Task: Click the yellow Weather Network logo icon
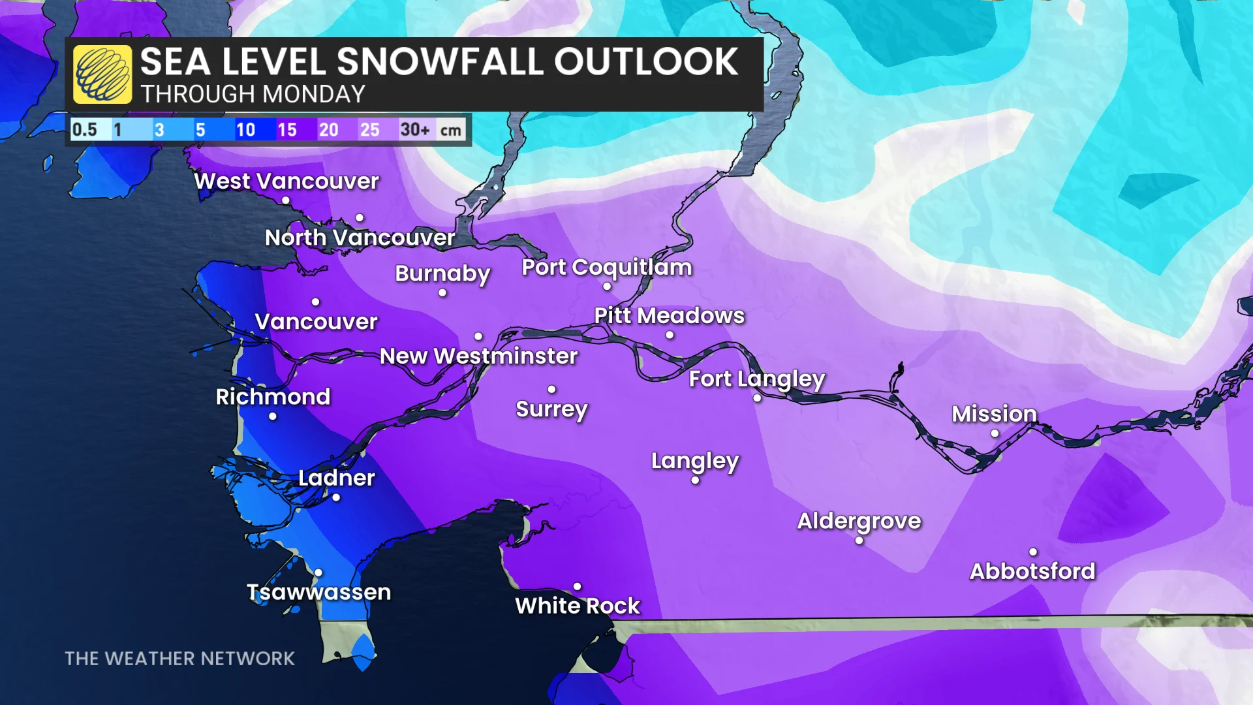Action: pyautogui.click(x=102, y=74)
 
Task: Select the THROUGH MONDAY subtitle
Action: pyautogui.click(x=253, y=95)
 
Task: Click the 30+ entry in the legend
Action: pyautogui.click(x=415, y=130)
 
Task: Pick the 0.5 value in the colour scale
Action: pyautogui.click(x=84, y=130)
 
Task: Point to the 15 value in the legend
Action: pyautogui.click(x=287, y=130)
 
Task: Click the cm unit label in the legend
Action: pyautogui.click(x=450, y=131)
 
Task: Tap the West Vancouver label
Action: pyautogui.click(x=286, y=181)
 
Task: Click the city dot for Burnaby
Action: pyautogui.click(x=442, y=293)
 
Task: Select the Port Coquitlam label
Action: pyautogui.click(x=606, y=268)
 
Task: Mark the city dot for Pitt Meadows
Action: pyautogui.click(x=670, y=336)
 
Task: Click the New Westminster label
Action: pyautogui.click(x=478, y=356)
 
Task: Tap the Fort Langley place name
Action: pyautogui.click(x=757, y=379)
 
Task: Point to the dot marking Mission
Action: pyautogui.click(x=995, y=433)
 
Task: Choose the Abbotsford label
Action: pyautogui.click(x=1032, y=571)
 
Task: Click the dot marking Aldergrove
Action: pyautogui.click(x=859, y=540)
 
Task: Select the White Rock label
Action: pyautogui.click(x=578, y=606)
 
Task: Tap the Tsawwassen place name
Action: pyautogui.click(x=318, y=592)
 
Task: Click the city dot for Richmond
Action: pyautogui.click(x=273, y=416)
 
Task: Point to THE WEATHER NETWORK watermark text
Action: pyautogui.click(x=179, y=659)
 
